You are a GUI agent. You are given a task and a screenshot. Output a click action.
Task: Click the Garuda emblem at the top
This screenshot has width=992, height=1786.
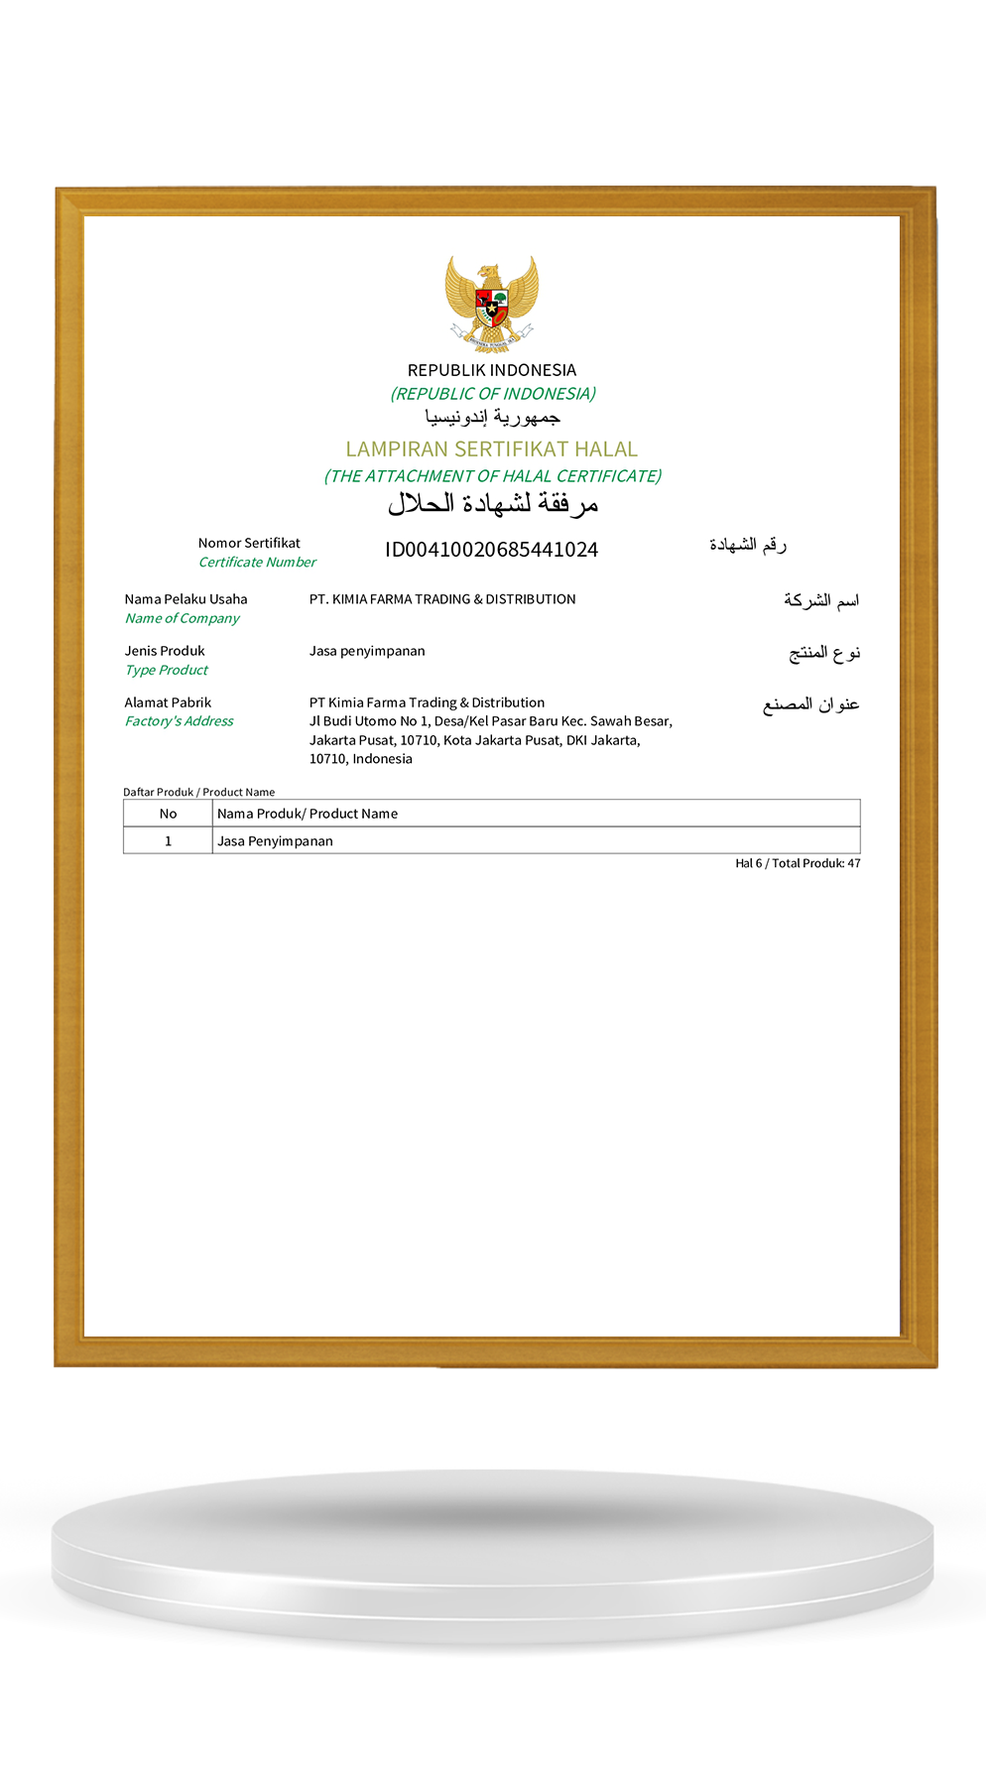(x=492, y=303)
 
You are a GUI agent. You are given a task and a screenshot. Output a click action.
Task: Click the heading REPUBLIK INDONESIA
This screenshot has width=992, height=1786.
(x=492, y=370)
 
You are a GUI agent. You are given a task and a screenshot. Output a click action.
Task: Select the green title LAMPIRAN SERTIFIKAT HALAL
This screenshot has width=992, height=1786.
(x=492, y=449)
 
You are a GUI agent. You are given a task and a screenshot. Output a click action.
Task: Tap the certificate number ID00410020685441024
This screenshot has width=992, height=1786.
(x=492, y=550)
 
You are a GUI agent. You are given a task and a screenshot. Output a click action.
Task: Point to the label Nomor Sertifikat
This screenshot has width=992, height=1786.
(x=249, y=543)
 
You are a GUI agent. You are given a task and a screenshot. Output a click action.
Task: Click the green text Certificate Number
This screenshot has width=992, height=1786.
(x=257, y=563)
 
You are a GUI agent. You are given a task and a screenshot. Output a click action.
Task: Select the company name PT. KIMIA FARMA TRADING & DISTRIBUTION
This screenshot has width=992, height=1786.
(x=442, y=599)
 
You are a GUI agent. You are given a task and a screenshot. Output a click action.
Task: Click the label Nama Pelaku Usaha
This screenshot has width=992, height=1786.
(x=186, y=599)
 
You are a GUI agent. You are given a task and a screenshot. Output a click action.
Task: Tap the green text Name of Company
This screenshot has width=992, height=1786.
(x=183, y=618)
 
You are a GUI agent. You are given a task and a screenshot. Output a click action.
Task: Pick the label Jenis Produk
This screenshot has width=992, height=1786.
(x=165, y=651)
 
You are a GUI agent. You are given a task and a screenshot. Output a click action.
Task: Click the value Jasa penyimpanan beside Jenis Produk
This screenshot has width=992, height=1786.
(x=367, y=651)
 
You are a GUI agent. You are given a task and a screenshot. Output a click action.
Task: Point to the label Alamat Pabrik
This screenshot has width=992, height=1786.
(x=168, y=702)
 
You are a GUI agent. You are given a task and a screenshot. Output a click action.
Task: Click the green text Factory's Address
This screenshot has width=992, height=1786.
(x=180, y=721)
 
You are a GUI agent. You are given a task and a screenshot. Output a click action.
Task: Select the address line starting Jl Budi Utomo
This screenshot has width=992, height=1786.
(x=490, y=721)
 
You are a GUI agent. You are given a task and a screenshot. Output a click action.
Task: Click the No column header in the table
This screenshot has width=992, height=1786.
(x=169, y=814)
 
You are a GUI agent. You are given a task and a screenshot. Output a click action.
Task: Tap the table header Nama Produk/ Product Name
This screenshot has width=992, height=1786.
(x=308, y=814)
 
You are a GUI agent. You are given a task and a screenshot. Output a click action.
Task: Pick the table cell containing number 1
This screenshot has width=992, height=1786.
(x=169, y=841)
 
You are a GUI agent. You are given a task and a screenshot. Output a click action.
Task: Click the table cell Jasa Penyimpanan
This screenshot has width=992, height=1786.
(x=275, y=841)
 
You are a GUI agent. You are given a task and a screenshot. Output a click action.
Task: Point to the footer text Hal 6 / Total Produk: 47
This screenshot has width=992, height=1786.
(x=798, y=864)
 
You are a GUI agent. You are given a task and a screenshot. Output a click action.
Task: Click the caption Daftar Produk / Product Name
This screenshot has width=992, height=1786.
(x=198, y=792)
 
